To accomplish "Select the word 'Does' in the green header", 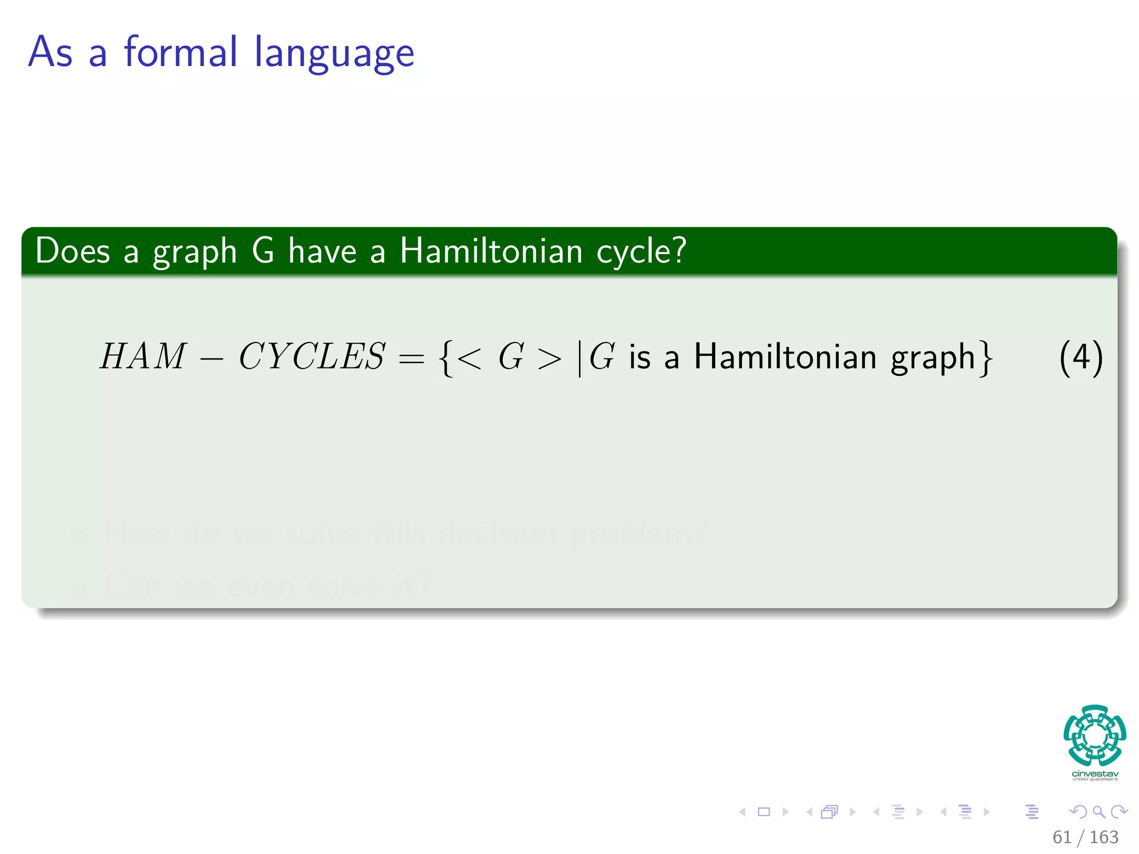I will (x=72, y=251).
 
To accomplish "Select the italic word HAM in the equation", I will (x=142, y=356).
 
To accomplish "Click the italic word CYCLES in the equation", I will (x=311, y=356).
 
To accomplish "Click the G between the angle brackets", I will (x=511, y=356).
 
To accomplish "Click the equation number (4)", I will (x=1081, y=358).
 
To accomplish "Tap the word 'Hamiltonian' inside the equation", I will (x=785, y=356).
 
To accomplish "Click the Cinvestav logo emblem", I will (x=1095, y=736).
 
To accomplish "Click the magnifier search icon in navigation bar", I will (x=1099, y=812).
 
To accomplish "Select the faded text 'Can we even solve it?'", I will (x=267, y=585).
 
